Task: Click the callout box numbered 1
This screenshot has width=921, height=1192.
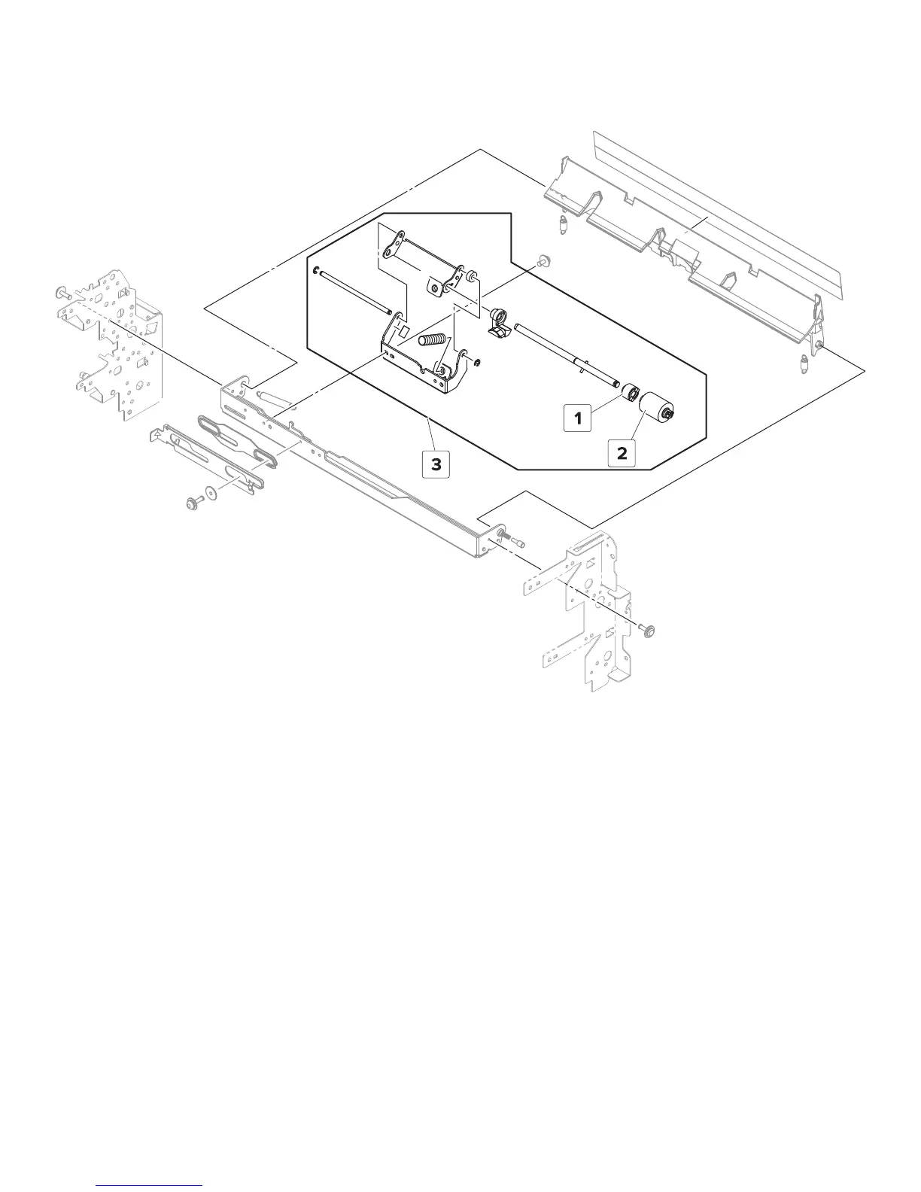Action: tap(578, 418)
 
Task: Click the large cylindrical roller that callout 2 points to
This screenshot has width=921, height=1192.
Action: tap(657, 409)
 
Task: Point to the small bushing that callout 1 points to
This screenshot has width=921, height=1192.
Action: tap(630, 394)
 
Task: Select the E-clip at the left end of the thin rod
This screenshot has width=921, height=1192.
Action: tap(318, 271)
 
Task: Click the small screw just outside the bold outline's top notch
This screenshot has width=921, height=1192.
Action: tap(540, 261)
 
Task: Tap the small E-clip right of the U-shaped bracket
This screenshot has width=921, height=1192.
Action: tap(479, 364)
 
